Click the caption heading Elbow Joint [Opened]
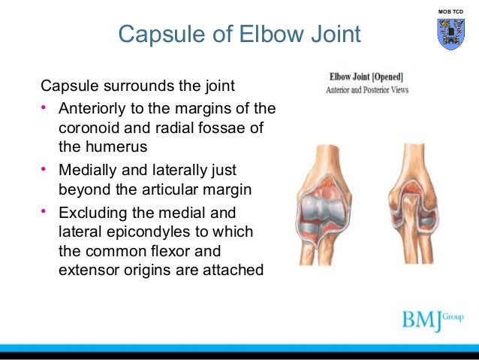(x=366, y=77)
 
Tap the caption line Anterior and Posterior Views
(x=366, y=90)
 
